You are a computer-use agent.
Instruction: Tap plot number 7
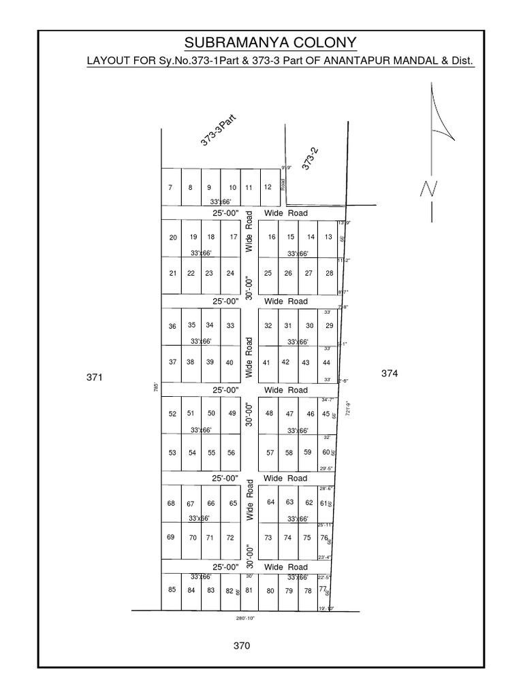(170, 188)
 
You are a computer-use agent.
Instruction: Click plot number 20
(173, 238)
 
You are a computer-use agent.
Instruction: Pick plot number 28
(330, 274)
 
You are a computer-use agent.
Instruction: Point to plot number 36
(172, 327)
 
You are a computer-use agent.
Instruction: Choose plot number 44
(327, 363)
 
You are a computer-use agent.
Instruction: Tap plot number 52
(172, 414)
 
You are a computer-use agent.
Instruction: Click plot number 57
(270, 453)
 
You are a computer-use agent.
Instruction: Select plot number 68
(171, 504)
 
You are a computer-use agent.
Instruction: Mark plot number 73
(268, 538)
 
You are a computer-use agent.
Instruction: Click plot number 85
(172, 589)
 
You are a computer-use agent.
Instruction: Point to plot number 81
(249, 590)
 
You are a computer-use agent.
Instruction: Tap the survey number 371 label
(95, 376)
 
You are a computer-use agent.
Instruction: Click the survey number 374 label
(389, 373)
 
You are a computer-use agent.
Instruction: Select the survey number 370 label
(242, 645)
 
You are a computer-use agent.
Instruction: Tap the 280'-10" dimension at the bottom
(246, 619)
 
